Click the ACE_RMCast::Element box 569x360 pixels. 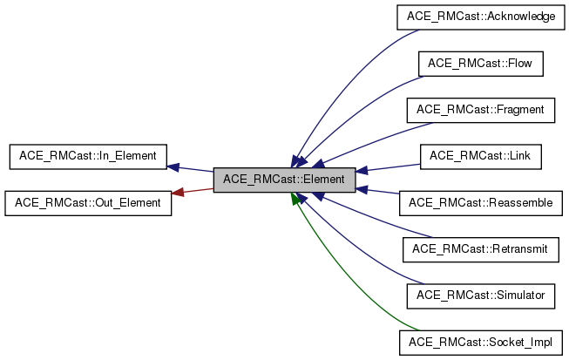[284, 180]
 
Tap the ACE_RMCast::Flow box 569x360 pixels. [481, 64]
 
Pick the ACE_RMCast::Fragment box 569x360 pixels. [481, 110]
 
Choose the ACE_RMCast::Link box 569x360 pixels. [481, 156]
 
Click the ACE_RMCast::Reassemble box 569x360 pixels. [481, 203]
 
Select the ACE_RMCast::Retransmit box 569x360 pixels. [481, 249]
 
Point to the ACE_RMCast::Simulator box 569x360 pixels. [481, 295]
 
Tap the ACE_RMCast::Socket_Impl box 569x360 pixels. [481, 342]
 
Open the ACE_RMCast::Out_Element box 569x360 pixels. [87, 203]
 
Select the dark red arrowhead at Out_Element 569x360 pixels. [177, 193]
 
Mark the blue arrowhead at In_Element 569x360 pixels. [173, 166]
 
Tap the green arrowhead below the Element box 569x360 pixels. [296, 199]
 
